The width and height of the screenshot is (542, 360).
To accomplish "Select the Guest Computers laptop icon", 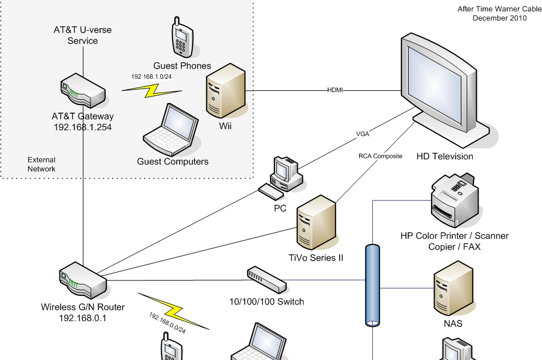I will (x=170, y=130).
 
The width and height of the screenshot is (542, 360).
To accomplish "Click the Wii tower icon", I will (x=226, y=91).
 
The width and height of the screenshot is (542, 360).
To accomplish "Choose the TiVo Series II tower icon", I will (x=315, y=223).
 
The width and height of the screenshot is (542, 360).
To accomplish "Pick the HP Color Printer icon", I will (x=454, y=200).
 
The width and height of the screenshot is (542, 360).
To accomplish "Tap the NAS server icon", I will (x=453, y=288).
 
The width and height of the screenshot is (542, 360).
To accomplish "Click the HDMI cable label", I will (x=335, y=90).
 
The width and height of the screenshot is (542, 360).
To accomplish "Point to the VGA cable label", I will (x=362, y=135).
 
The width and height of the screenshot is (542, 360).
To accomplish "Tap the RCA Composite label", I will (x=380, y=156).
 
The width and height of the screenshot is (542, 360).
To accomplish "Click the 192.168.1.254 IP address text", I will (x=82, y=127).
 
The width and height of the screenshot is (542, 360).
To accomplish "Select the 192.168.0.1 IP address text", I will (x=82, y=317).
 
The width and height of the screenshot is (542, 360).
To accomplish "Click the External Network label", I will (x=42, y=164).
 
